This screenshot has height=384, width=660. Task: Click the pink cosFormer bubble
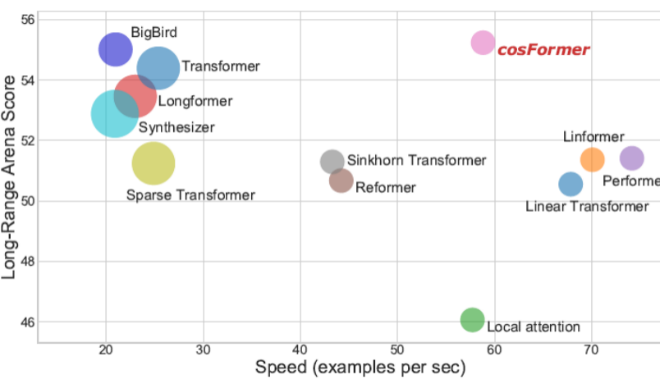pos(483,42)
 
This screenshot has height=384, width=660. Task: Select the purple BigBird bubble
pos(116,49)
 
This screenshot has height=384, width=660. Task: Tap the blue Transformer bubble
pos(158,68)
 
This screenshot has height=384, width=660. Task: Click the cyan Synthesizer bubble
pos(114,114)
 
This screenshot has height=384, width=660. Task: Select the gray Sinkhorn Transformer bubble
pos(332,162)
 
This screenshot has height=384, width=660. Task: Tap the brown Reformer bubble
pos(341,181)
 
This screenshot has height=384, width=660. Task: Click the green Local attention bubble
pos(473,319)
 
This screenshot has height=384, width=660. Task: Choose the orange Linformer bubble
pos(592,159)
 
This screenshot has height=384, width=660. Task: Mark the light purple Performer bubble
pos(631,158)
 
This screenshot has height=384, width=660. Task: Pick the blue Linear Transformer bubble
pos(571,184)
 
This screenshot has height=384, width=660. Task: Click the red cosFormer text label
pos(543,50)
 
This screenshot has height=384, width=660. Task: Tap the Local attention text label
pos(534,327)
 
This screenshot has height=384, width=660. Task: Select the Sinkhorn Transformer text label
pos(416,161)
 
